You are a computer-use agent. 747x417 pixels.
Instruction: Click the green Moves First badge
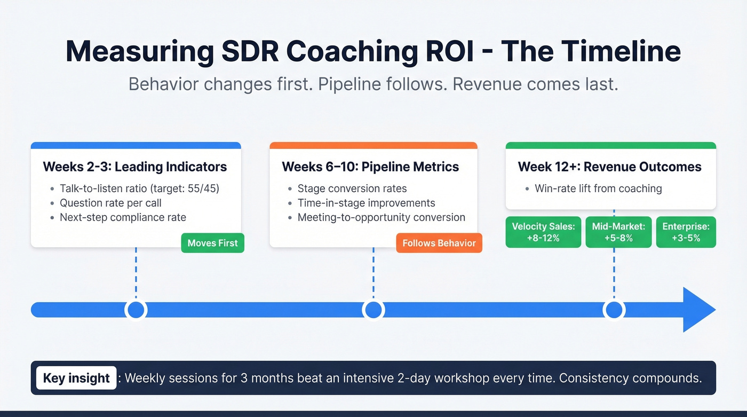click(212, 243)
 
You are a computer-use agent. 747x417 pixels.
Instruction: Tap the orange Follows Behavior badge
click(439, 243)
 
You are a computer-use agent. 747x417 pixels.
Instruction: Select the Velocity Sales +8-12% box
click(543, 232)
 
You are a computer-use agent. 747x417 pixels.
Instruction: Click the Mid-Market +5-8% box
click(618, 232)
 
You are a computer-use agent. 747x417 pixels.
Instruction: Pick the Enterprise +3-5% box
click(686, 232)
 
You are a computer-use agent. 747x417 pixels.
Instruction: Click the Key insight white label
click(76, 378)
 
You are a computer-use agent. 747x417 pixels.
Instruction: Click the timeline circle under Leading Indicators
click(136, 310)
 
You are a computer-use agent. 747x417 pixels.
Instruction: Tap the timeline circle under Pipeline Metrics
click(373, 310)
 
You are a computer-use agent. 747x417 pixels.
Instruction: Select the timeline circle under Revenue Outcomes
click(614, 310)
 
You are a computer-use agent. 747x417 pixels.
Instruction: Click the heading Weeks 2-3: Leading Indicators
click(134, 167)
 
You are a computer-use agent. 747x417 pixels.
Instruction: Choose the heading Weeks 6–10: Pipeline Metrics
click(370, 167)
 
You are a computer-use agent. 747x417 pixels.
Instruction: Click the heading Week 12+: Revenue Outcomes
click(609, 167)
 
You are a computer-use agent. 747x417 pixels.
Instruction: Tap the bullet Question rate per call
click(110, 203)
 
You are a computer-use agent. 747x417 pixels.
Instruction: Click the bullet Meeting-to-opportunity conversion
click(381, 217)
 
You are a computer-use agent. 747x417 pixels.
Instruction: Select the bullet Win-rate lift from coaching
click(598, 188)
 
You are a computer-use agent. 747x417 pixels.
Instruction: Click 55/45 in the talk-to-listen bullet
click(205, 188)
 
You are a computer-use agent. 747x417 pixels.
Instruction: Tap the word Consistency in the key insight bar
click(584, 378)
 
